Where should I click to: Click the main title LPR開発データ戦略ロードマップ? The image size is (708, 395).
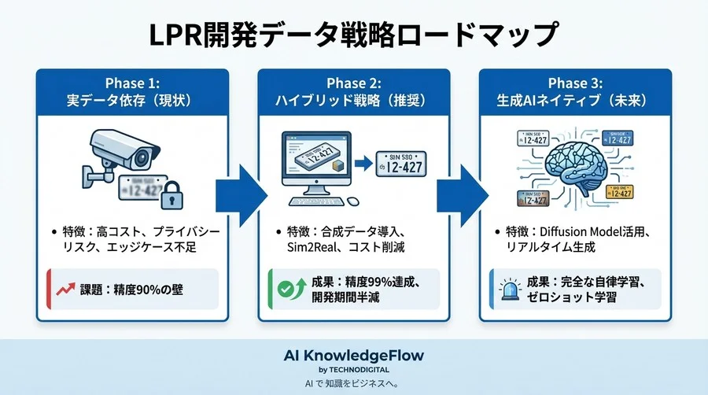point(353,36)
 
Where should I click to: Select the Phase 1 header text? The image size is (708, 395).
point(132,92)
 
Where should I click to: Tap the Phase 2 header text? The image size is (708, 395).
point(353,92)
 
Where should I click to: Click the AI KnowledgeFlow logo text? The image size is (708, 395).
point(353,355)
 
